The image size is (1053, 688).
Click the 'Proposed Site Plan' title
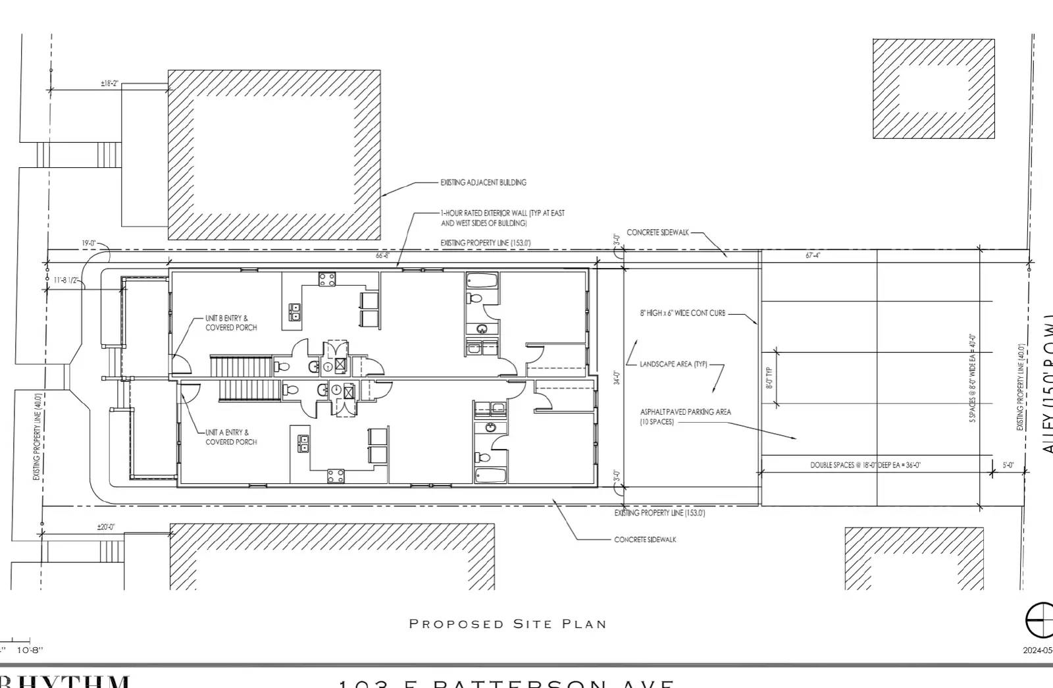click(x=507, y=623)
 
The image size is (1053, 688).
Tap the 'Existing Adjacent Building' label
click(x=483, y=182)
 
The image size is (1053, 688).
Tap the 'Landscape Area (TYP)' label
click(x=673, y=364)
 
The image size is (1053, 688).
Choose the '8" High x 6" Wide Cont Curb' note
click(x=682, y=313)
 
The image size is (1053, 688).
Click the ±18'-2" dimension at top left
click(x=109, y=84)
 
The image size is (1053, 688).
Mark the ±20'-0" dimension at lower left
click(x=105, y=527)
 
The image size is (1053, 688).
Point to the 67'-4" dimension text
click(x=813, y=255)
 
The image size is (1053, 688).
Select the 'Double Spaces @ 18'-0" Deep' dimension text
click(x=865, y=465)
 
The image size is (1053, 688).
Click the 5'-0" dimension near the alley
click(x=1008, y=465)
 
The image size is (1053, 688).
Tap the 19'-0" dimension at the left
click(x=89, y=244)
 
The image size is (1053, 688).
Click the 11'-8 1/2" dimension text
click(x=66, y=280)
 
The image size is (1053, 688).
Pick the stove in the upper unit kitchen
click(x=327, y=279)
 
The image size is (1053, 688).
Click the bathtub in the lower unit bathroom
click(x=490, y=475)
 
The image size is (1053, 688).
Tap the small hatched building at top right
click(x=933, y=88)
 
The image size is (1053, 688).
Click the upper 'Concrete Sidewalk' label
click(x=657, y=232)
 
